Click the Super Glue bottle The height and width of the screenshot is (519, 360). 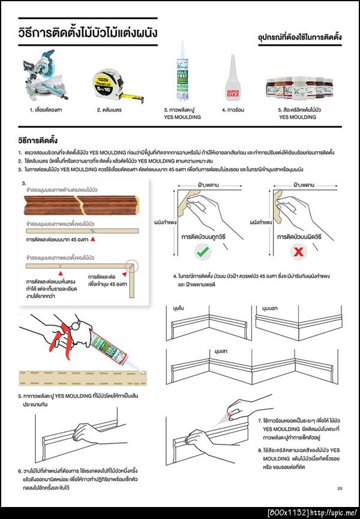[233, 78]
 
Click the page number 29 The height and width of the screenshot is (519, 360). [340, 488]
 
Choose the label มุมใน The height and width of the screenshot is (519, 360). [178, 308]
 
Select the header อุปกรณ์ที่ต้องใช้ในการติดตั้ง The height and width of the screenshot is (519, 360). [300, 38]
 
